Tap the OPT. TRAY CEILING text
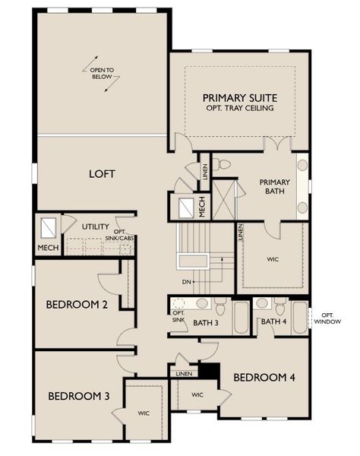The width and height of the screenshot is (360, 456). tap(238, 109)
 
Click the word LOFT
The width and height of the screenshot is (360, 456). tap(102, 174)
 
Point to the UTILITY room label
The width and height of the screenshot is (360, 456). tap(96, 226)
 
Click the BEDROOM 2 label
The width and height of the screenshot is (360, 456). tap(76, 305)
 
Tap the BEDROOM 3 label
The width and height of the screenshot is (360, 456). tap(78, 396)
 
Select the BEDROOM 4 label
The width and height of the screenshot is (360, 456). tap(264, 377)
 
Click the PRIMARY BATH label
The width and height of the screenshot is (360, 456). tap(275, 187)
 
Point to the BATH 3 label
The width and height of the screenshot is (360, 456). tap(205, 323)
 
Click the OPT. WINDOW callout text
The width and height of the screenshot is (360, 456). tap(331, 318)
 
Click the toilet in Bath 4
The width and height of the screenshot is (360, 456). tap(279, 307)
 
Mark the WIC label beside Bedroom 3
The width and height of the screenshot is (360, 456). tap(144, 413)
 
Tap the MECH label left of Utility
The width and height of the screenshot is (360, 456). tap(48, 247)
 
